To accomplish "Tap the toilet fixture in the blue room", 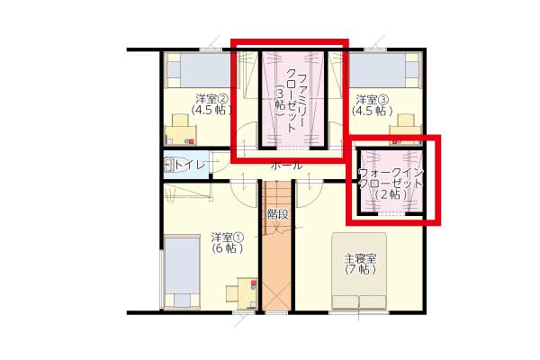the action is [169, 165].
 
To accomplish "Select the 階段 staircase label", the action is [277, 214].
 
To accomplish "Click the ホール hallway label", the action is [287, 166].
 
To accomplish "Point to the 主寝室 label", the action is [361, 258].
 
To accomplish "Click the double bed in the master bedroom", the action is [359, 271].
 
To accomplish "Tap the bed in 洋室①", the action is [182, 272].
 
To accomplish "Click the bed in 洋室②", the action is [198, 70].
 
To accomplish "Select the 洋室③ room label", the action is [373, 100].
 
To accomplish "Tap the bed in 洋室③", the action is [384, 70].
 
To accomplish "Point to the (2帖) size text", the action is [391, 194].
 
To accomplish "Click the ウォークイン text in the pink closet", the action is [391, 172].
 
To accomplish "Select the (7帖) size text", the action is [360, 269].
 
